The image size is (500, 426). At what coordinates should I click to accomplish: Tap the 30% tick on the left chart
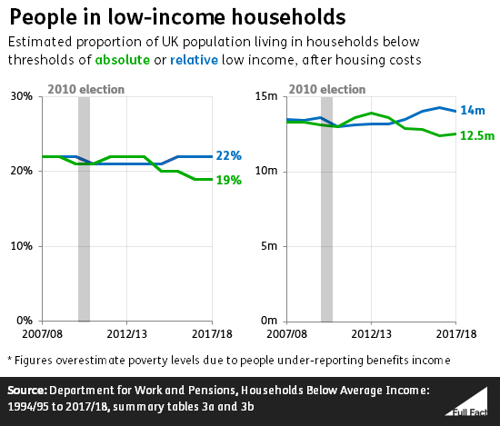pyautogui.click(x=20, y=96)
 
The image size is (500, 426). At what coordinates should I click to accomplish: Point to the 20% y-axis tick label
pyautogui.click(x=20, y=172)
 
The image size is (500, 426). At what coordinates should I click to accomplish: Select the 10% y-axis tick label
pyautogui.click(x=20, y=246)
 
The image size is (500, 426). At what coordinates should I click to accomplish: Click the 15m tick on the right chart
pyautogui.click(x=267, y=96)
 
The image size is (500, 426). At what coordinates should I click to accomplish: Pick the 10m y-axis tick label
pyautogui.click(x=267, y=172)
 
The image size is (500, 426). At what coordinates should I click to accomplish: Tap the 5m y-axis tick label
pyautogui.click(x=270, y=246)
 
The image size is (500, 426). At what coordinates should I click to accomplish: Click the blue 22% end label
pyautogui.click(x=229, y=157)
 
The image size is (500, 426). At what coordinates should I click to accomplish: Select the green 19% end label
pyautogui.click(x=229, y=180)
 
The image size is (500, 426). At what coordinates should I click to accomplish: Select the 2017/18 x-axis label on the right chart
pyautogui.click(x=457, y=334)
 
